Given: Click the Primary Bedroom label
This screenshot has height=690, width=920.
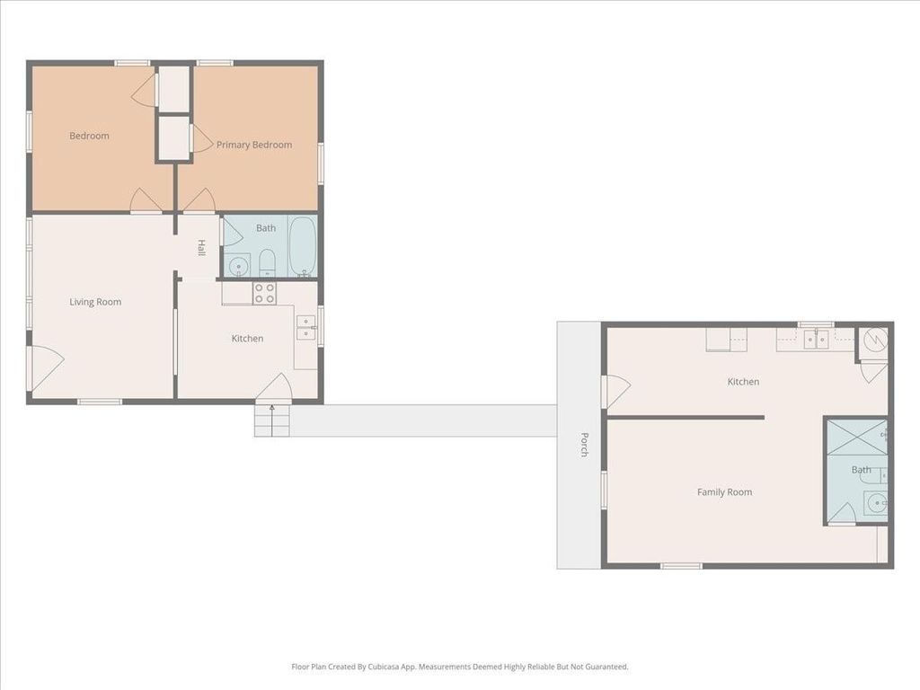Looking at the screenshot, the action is [x=254, y=145].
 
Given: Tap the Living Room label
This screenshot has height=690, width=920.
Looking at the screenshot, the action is [x=95, y=302].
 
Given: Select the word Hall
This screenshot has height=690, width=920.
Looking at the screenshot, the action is [x=201, y=248].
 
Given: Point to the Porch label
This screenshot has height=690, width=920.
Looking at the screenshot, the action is [x=584, y=444].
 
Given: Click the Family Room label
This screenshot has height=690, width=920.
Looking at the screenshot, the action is [x=725, y=492].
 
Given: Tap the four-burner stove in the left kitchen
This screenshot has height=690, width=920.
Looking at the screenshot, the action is [x=265, y=294].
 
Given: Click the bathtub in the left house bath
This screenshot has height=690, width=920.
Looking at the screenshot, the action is [x=303, y=246].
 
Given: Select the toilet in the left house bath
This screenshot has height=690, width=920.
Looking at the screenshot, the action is [x=268, y=263].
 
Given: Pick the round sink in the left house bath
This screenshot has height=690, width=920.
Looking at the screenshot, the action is [x=238, y=266].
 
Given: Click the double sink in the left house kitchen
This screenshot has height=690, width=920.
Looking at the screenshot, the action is [x=306, y=328].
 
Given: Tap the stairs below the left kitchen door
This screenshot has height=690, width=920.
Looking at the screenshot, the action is [x=272, y=420].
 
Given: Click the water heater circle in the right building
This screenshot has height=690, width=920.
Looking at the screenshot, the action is [x=874, y=338].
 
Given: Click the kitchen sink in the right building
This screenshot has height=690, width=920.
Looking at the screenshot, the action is [x=816, y=339].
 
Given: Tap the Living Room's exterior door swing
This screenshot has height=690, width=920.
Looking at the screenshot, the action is [x=47, y=367].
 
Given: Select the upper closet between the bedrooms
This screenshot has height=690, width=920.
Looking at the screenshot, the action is [x=174, y=88].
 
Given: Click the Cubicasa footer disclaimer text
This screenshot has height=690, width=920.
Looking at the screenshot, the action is [x=460, y=667].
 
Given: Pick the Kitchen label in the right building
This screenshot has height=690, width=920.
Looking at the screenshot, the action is [x=743, y=382].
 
